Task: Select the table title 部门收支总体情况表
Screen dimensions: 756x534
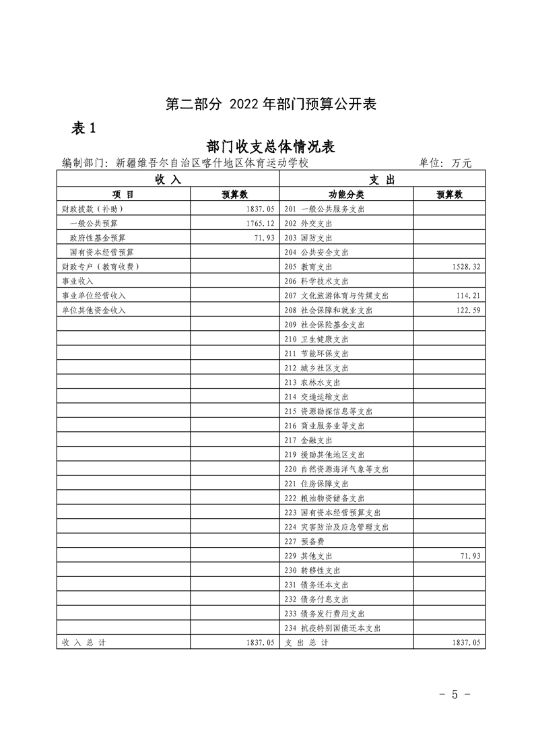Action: [x=271, y=148]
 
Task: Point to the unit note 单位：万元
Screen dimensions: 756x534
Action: [x=445, y=163]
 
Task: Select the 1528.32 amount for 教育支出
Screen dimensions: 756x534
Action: [x=464, y=267]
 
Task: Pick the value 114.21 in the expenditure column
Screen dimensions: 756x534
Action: [x=465, y=296]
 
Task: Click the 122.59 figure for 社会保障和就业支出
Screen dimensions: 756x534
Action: [x=465, y=310]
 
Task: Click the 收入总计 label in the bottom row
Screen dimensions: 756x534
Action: [x=84, y=643]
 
